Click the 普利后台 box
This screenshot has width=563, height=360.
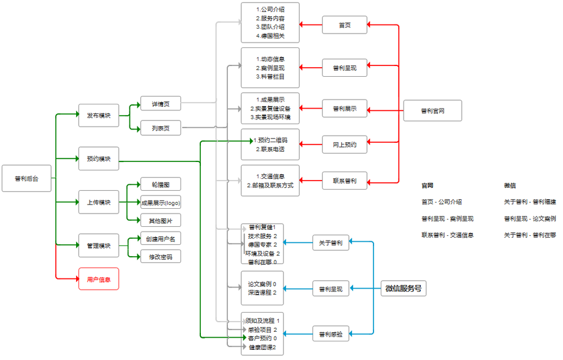coord(26,178)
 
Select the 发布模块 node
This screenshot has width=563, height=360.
coord(98,115)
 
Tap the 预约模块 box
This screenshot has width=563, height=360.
coord(98,159)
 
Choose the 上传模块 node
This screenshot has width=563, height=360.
coord(98,202)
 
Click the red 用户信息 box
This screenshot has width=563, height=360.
coord(98,279)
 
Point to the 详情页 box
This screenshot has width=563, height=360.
coord(160,104)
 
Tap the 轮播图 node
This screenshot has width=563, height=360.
coord(160,184)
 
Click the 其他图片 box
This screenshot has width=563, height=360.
coord(160,220)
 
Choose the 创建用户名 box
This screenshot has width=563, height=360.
coord(160,238)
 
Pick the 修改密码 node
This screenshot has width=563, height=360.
coord(160,257)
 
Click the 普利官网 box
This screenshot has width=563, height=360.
coord(432,111)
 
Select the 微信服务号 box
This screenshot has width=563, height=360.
coord(403,289)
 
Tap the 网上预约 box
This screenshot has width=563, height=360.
coord(344,145)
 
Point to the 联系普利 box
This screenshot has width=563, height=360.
coord(344,181)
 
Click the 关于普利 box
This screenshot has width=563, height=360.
coord(330,242)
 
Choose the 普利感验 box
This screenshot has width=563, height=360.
coord(330,334)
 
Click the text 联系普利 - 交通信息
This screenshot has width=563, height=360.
coord(447,235)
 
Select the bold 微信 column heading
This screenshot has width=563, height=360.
coord(510,185)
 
